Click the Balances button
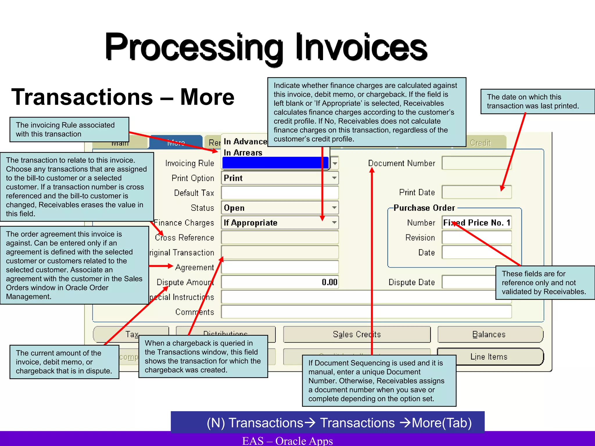coord(490,334)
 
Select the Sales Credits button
coord(357,334)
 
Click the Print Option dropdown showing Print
coord(279,178)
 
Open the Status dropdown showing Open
coord(279,208)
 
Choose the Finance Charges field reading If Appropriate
coord(279,223)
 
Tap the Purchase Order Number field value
coord(476,223)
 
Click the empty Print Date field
coord(476,192)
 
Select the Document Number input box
coord(476,163)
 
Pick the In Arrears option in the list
coord(243,153)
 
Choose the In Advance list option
coord(245,142)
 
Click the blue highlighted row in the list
coord(275,163)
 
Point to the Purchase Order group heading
coord(424,208)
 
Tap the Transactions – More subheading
coord(123,97)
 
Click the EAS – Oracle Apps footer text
coord(288,440)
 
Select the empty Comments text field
coord(366,312)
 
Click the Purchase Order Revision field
coord(476,238)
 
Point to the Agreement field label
coord(194,267)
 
